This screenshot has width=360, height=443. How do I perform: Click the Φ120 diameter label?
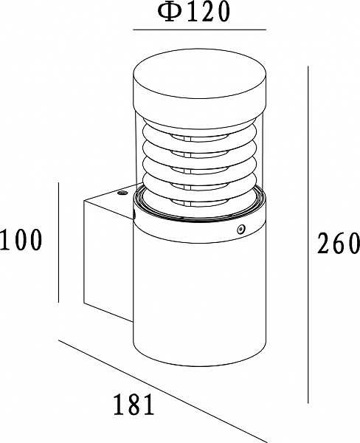click(x=193, y=12)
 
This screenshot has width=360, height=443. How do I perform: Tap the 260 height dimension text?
click(x=339, y=243)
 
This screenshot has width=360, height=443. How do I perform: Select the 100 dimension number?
click(x=21, y=239)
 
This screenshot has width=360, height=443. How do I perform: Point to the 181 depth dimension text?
click(x=134, y=404)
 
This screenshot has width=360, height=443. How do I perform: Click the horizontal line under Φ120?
click(x=200, y=30)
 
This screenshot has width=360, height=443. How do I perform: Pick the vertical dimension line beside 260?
click(x=308, y=235)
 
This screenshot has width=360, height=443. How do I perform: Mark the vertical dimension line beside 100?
click(x=58, y=242)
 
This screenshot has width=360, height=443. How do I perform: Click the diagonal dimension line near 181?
click(x=162, y=391)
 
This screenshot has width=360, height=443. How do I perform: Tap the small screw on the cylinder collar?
click(x=240, y=229)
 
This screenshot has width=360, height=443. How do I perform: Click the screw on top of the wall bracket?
click(x=122, y=193)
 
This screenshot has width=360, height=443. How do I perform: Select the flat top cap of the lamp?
click(x=200, y=74)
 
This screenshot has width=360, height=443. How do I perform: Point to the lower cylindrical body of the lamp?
click(x=200, y=300)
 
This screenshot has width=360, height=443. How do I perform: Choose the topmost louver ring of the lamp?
click(x=200, y=130)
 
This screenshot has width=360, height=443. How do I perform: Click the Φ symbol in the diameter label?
click(x=169, y=13)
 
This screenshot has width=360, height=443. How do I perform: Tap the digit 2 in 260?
click(x=324, y=243)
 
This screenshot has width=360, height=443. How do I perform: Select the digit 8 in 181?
click(x=134, y=404)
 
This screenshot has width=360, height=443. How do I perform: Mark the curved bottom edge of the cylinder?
click(x=200, y=366)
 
